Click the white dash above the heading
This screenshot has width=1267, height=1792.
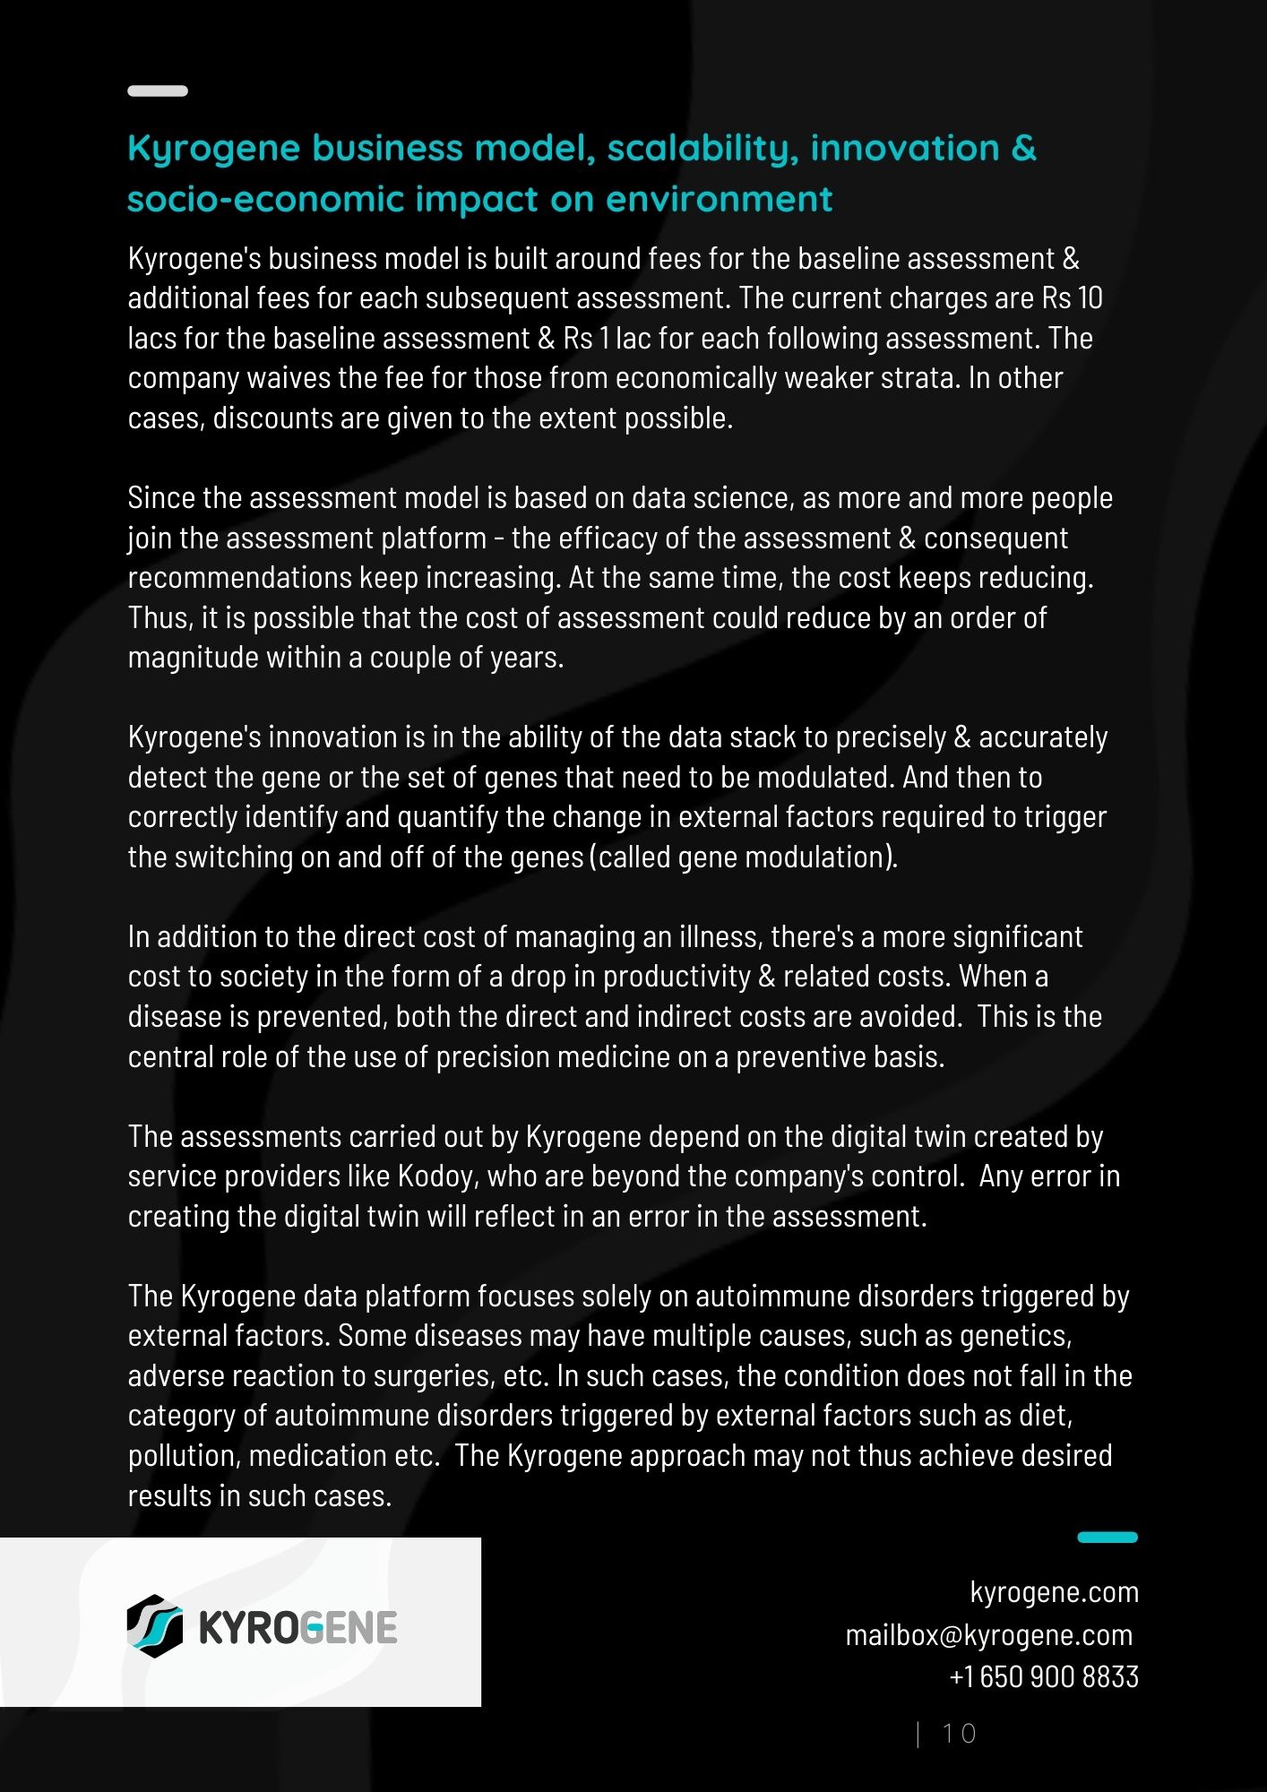(158, 90)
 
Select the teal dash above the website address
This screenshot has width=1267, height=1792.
(1107, 1538)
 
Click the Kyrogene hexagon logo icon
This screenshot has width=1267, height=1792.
(154, 1626)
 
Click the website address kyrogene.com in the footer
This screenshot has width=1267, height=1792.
(1054, 1592)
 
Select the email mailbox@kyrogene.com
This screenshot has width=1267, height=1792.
(989, 1635)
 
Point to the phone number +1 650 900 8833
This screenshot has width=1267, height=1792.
(1044, 1676)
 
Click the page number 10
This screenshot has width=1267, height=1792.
(959, 1734)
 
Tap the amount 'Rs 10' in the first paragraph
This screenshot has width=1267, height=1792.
(1072, 298)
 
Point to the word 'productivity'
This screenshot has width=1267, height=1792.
(677, 977)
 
